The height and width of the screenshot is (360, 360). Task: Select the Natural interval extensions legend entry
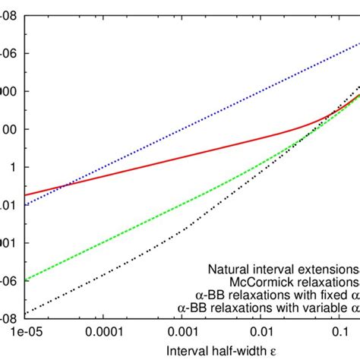[281, 269]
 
